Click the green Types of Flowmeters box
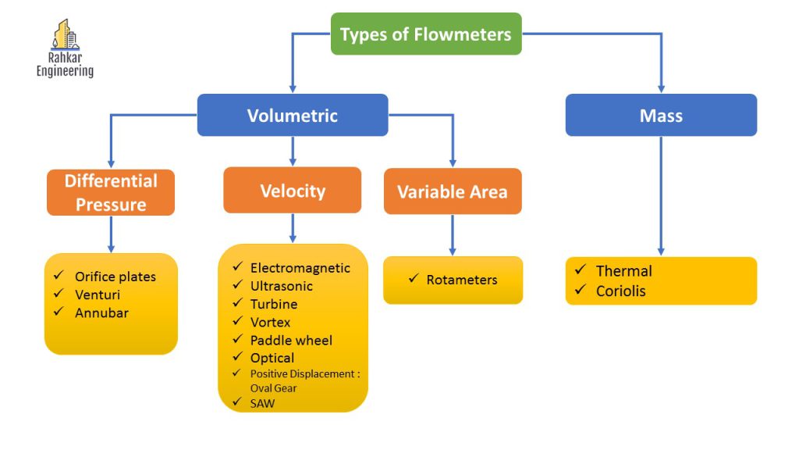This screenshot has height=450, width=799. pyautogui.click(x=426, y=34)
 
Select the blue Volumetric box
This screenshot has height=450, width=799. pyautogui.click(x=292, y=116)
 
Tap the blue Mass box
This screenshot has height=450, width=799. pyautogui.click(x=661, y=116)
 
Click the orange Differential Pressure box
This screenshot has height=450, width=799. pyautogui.click(x=111, y=193)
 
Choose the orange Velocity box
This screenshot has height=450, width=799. pyautogui.click(x=292, y=191)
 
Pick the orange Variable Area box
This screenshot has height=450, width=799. pyautogui.click(x=453, y=191)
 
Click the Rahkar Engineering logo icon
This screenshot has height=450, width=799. pyautogui.click(x=65, y=35)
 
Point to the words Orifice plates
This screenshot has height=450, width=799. pyautogui.click(x=115, y=277)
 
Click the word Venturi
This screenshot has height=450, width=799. pyautogui.click(x=98, y=295)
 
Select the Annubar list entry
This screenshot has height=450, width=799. pyautogui.click(x=101, y=312)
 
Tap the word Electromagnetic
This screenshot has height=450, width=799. pyautogui.click(x=300, y=268)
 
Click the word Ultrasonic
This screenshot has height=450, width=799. pyautogui.click(x=282, y=286)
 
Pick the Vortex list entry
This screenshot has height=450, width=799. pyautogui.click(x=270, y=322)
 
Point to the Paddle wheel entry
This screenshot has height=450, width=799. pyautogui.click(x=291, y=340)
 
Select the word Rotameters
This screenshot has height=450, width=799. pyautogui.click(x=462, y=280)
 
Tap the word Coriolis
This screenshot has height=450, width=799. pyautogui.click(x=621, y=291)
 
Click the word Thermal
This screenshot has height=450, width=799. pyautogui.click(x=623, y=271)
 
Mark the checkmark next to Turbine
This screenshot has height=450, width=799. pyautogui.click(x=237, y=304)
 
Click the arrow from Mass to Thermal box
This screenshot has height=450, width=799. pyautogui.click(x=661, y=195)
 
